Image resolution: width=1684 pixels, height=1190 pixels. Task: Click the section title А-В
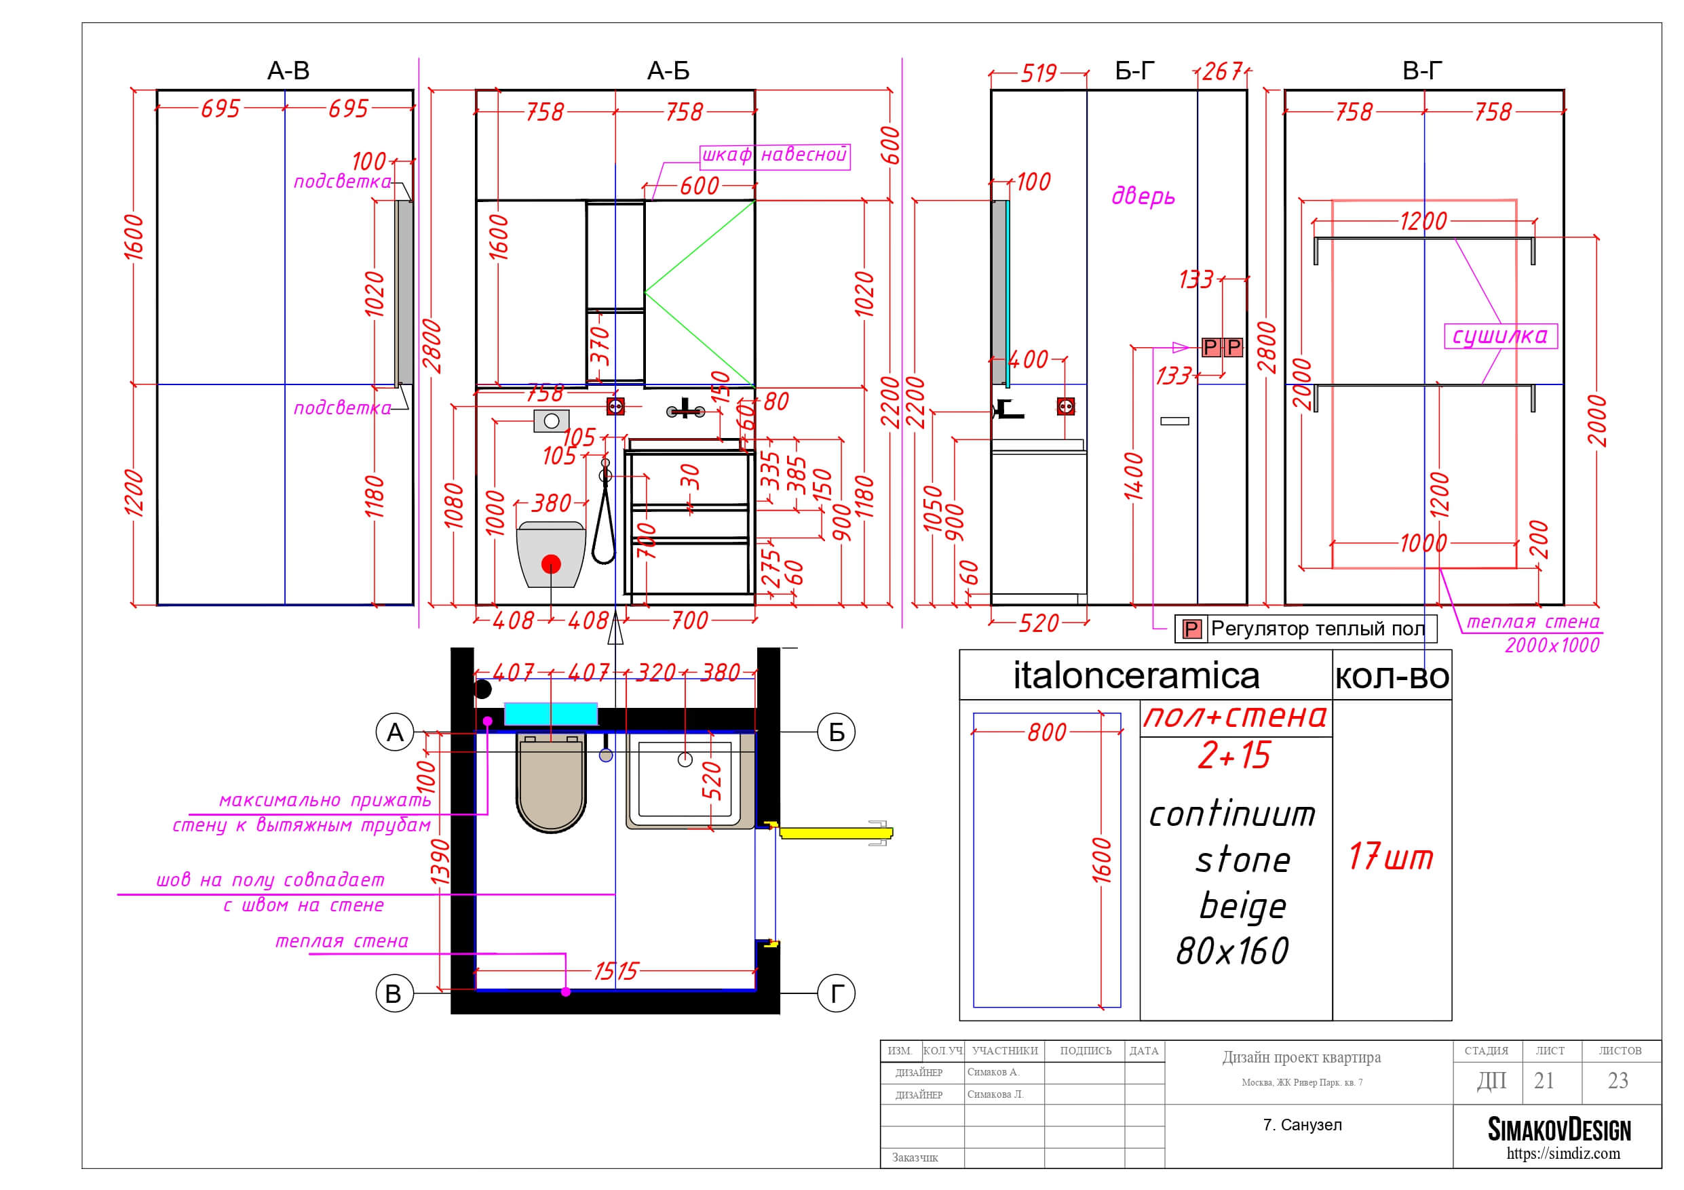click(x=288, y=71)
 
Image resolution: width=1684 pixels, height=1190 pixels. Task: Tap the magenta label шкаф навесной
click(x=775, y=155)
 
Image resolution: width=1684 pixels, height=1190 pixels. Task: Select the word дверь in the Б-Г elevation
click(x=1143, y=196)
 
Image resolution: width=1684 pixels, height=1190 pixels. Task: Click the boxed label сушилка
click(x=1500, y=336)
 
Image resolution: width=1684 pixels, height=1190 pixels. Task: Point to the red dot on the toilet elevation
click(x=551, y=564)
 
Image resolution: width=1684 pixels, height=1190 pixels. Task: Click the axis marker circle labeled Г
click(x=836, y=993)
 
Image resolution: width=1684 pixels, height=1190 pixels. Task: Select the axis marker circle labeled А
click(x=395, y=732)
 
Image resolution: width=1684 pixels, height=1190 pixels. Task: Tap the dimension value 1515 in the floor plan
click(x=615, y=972)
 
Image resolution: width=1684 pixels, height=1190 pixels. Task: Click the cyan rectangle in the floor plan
click(x=551, y=713)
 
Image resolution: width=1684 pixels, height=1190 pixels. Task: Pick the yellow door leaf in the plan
click(x=835, y=833)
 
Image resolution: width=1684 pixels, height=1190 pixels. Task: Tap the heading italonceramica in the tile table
click(x=1136, y=675)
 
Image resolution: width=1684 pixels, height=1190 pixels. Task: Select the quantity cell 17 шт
click(x=1390, y=856)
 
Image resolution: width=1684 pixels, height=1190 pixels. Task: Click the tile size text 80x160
click(x=1232, y=951)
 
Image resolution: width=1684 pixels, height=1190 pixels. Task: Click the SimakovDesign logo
click(x=1559, y=1130)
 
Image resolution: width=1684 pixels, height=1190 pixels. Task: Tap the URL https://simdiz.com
click(x=1563, y=1153)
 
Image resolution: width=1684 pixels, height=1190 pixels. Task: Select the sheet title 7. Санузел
click(x=1302, y=1125)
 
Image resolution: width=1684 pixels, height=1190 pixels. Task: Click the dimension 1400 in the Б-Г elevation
click(x=1134, y=477)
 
